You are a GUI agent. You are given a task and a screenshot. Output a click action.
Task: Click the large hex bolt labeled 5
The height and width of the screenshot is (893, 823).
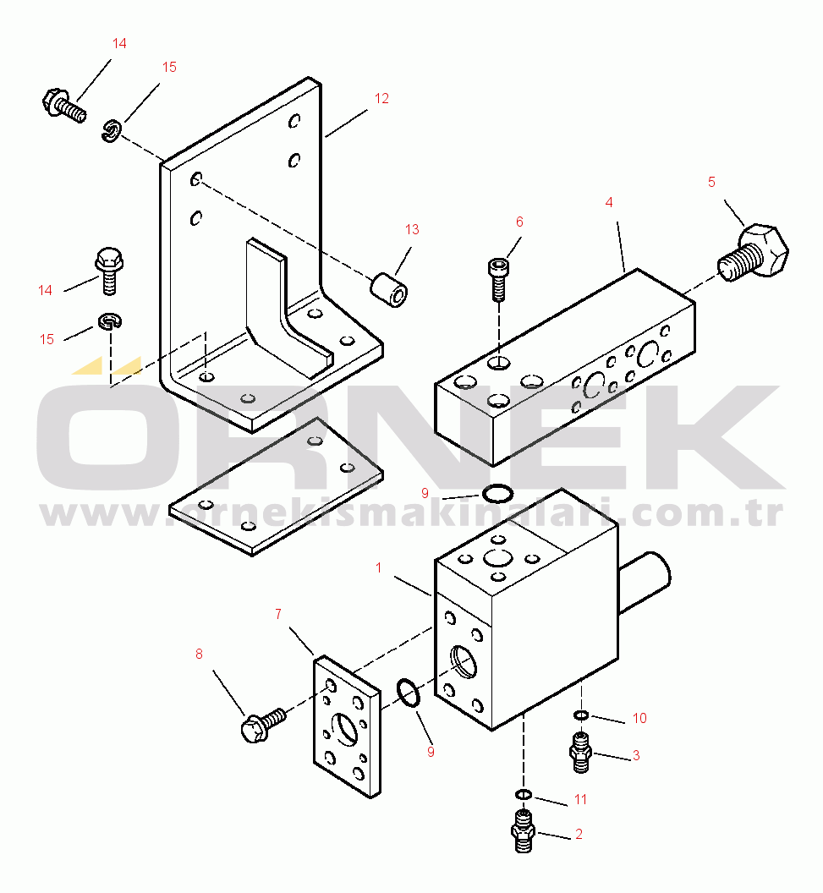pyautogui.click(x=754, y=252)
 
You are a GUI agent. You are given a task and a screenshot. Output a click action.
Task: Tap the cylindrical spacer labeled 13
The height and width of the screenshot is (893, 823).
pyautogui.click(x=390, y=290)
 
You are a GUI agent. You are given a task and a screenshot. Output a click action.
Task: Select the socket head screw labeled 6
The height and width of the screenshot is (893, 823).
pyautogui.click(x=498, y=279)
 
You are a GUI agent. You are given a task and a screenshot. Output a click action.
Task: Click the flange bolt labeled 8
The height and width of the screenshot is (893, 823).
pyautogui.click(x=262, y=725)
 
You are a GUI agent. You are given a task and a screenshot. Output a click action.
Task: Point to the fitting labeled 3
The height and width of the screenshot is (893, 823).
pyautogui.click(x=581, y=753)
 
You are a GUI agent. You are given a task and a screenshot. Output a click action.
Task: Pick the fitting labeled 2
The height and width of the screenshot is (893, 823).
pyautogui.click(x=523, y=830)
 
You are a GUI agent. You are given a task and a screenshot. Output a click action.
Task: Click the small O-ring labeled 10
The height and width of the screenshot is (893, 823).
pyautogui.click(x=580, y=715)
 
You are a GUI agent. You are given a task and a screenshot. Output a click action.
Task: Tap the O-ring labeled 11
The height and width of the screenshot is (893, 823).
pyautogui.click(x=524, y=794)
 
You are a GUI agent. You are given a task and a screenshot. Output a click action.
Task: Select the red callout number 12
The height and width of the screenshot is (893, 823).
pyautogui.click(x=381, y=99)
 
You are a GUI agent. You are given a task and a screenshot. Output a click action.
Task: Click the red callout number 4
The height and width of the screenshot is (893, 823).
pyautogui.click(x=609, y=202)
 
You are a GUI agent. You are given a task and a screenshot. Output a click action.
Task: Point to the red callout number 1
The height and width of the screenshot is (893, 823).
pyautogui.click(x=379, y=567)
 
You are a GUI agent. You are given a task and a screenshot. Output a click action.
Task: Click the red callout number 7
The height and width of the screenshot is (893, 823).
pyautogui.click(x=278, y=614)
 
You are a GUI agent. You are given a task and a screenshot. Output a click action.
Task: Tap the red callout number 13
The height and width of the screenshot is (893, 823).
pyautogui.click(x=412, y=229)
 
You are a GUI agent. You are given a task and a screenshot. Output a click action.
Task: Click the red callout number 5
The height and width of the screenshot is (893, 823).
pyautogui.click(x=711, y=182)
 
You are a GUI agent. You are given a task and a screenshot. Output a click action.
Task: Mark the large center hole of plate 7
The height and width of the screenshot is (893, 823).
pyautogui.click(x=344, y=728)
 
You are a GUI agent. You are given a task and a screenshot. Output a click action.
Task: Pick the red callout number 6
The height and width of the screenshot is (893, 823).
pyautogui.click(x=519, y=222)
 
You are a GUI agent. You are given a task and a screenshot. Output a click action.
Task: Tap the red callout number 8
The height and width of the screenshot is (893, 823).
pyautogui.click(x=199, y=654)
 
